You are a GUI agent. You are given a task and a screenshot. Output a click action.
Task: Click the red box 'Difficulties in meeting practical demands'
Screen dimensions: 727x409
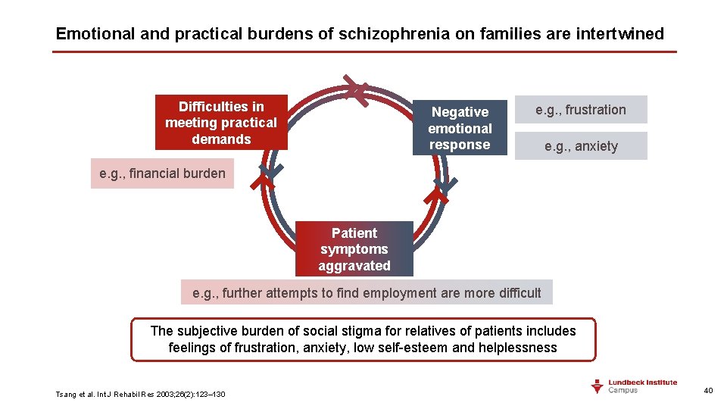click(x=221, y=123)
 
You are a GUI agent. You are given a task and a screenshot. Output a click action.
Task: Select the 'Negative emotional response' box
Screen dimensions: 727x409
click(x=460, y=128)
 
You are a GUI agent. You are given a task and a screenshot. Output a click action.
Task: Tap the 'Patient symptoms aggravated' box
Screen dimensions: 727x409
click(x=354, y=249)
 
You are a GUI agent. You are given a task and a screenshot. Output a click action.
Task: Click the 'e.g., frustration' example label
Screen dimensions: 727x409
click(x=581, y=110)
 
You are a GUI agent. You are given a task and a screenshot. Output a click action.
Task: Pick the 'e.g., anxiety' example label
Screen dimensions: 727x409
click(x=581, y=146)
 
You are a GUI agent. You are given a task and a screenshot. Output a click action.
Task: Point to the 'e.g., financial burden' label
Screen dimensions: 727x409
click(x=162, y=173)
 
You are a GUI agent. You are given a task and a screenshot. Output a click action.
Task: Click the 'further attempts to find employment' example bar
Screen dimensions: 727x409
click(x=367, y=292)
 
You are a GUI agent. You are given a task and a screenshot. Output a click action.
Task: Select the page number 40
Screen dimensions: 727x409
click(x=708, y=390)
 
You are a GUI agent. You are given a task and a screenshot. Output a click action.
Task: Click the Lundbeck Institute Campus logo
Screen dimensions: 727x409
click(x=634, y=386)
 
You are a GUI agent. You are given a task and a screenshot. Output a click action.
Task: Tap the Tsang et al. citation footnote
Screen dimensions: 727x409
click(x=140, y=394)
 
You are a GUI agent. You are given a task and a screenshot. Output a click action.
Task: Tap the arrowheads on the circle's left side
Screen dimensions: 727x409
click(x=267, y=179)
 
